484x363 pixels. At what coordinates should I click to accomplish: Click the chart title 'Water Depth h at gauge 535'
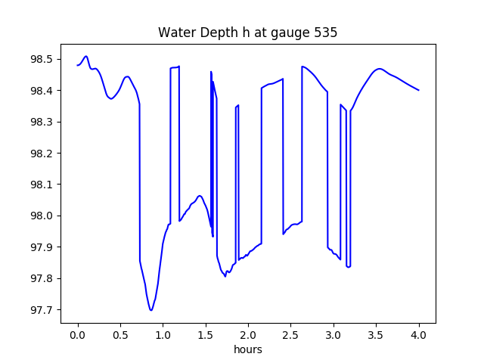[x=247, y=33]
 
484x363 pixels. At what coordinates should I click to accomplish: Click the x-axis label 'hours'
[x=247, y=350]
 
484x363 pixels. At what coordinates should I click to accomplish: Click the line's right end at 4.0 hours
[x=419, y=91]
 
